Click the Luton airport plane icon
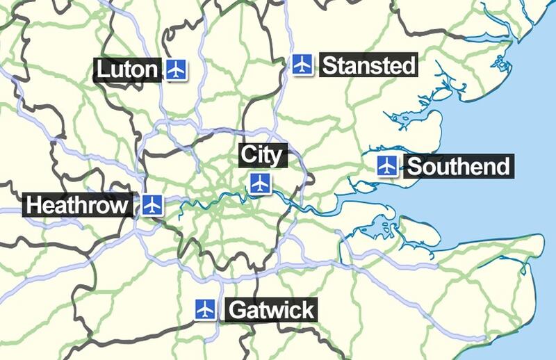pyautogui.click(x=177, y=69)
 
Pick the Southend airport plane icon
pyautogui.click(x=387, y=166)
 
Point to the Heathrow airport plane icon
pyautogui.click(x=153, y=205)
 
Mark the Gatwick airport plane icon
pyautogui.click(x=204, y=309)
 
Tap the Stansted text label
pyautogui.click(x=369, y=66)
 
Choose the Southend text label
pyautogui.click(x=458, y=167)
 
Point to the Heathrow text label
pyautogui.click(x=77, y=206)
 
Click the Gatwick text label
pyautogui.click(x=271, y=309)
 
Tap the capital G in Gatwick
pyautogui.click(x=236, y=309)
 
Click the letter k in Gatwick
pyautogui.click(x=308, y=309)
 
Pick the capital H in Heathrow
pyautogui.click(x=33, y=206)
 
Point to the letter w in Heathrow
pyautogui.click(x=120, y=206)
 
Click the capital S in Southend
pyautogui.click(x=414, y=167)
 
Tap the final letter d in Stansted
pyautogui.click(x=409, y=66)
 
